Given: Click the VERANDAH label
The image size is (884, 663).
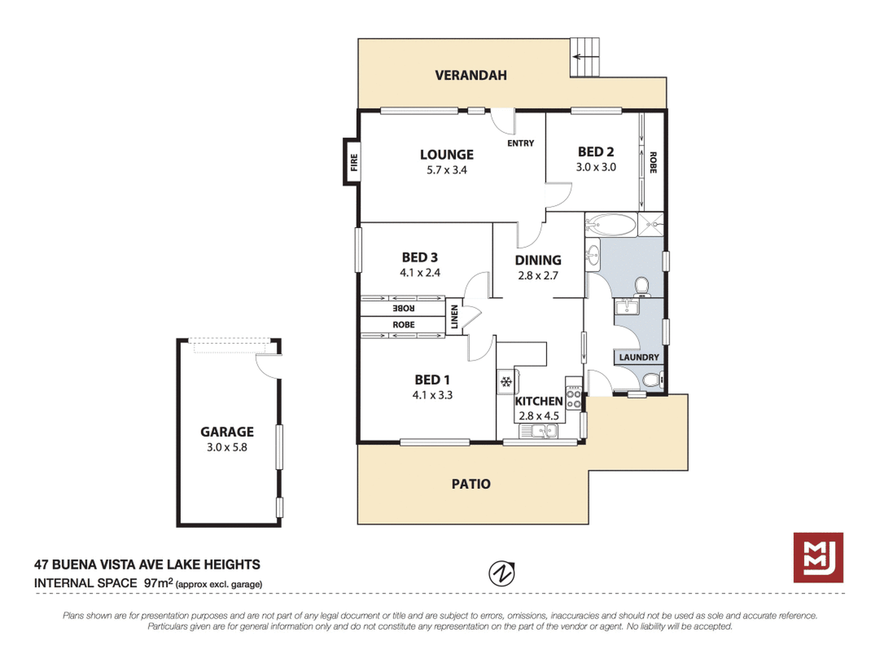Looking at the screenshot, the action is click(471, 75).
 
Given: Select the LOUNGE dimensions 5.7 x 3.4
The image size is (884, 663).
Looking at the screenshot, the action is click(447, 170).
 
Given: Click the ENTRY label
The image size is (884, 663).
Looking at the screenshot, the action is click(521, 143).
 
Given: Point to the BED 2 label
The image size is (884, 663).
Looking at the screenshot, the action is click(596, 152).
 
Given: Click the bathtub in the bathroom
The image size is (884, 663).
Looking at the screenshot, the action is click(611, 225).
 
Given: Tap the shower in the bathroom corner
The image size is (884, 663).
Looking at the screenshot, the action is click(650, 224).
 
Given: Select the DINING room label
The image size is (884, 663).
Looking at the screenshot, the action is click(538, 260).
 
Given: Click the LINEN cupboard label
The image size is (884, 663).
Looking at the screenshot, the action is click(455, 316).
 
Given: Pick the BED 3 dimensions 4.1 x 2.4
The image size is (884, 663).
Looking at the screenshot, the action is click(420, 273).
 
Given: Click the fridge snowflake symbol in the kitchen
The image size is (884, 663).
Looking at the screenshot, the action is click(506, 382).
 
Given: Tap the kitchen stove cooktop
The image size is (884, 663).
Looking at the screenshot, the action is click(574, 393).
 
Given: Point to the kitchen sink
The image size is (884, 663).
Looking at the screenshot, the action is click(539, 431).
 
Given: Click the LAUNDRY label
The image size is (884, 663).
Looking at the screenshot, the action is click(639, 357).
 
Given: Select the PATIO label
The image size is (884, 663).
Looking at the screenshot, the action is click(471, 484).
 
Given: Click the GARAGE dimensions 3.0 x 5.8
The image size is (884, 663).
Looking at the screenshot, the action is click(227, 448).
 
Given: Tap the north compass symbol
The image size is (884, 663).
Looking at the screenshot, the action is click(502, 573).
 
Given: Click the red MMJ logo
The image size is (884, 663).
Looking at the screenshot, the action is click(818, 557).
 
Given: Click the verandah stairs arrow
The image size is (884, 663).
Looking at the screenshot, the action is click(585, 57).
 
